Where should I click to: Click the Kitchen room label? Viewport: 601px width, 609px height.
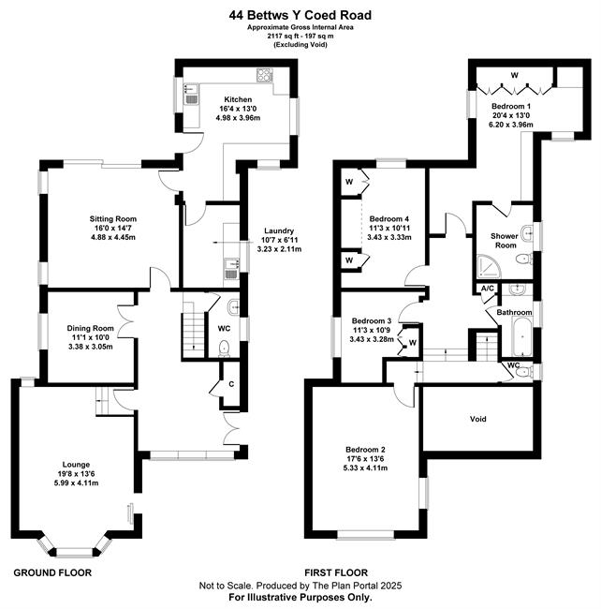pyautogui.click(x=238, y=99)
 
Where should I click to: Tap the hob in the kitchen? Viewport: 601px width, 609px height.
pyautogui.click(x=265, y=75)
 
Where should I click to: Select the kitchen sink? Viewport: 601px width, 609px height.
pyautogui.click(x=191, y=95)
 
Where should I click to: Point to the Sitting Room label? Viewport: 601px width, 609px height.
pyautogui.click(x=113, y=219)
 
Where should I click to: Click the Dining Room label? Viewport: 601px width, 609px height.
pyautogui.click(x=91, y=329)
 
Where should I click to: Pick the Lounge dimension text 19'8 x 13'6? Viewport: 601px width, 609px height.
pyautogui.click(x=76, y=474)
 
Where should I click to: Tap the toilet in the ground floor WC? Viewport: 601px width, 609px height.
pyautogui.click(x=224, y=349)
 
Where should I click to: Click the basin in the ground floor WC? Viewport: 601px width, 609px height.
pyautogui.click(x=234, y=306)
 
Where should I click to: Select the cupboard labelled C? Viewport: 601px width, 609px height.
pyautogui.click(x=231, y=384)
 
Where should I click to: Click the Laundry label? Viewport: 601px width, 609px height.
pyautogui.click(x=279, y=231)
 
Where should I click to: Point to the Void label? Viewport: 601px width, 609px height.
pyautogui.click(x=478, y=419)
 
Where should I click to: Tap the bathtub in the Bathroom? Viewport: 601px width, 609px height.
pyautogui.click(x=522, y=336)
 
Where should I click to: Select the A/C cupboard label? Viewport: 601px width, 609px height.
pyautogui.click(x=488, y=289)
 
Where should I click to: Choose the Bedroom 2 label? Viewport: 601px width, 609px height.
pyautogui.click(x=365, y=450)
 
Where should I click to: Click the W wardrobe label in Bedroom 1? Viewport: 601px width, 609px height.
pyautogui.click(x=515, y=75)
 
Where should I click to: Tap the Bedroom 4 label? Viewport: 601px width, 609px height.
pyautogui.click(x=389, y=219)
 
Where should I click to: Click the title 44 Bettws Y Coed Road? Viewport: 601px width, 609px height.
pyautogui.click(x=300, y=15)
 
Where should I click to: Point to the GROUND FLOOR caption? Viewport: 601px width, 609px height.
pyautogui.click(x=52, y=572)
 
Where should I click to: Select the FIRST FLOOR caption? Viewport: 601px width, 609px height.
pyautogui.click(x=336, y=572)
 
